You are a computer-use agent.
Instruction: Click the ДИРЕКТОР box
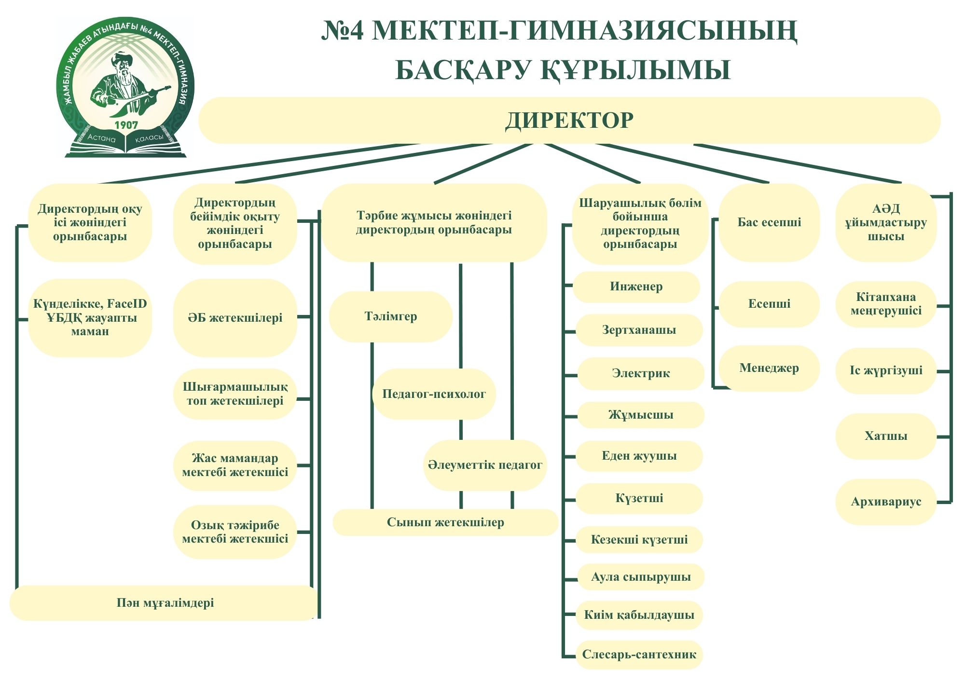coord(569,120)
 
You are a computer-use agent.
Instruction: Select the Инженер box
coord(636,286)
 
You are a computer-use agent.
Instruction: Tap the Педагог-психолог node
coord(434,394)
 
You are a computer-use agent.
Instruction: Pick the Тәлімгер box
coord(390,316)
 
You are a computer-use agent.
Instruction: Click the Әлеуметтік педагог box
coord(485,465)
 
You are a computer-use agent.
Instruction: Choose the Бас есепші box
coord(769,222)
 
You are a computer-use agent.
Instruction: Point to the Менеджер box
coord(769,368)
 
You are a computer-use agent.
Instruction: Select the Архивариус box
coord(886,502)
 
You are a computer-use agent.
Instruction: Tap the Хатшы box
coord(886,436)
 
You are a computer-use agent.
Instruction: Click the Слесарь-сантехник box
coord(639,655)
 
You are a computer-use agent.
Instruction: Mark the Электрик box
coord(641,373)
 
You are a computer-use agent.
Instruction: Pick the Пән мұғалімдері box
coord(165,603)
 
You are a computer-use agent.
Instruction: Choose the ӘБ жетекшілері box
coord(235,318)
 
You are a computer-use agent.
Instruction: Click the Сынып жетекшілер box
coord(445,522)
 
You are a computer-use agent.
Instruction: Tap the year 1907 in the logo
coord(126,125)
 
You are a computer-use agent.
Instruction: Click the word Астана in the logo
coord(101,138)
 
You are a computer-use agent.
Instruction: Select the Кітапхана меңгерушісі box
coord(886,304)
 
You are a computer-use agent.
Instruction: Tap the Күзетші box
coord(639,498)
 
